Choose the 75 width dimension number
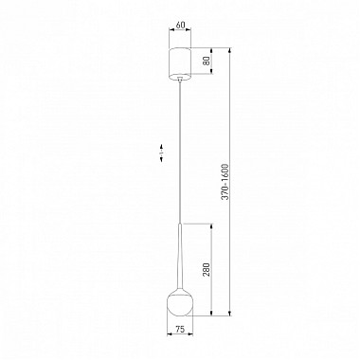click(179, 332)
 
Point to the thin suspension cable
click(179, 152)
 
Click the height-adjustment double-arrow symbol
click(162, 149)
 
